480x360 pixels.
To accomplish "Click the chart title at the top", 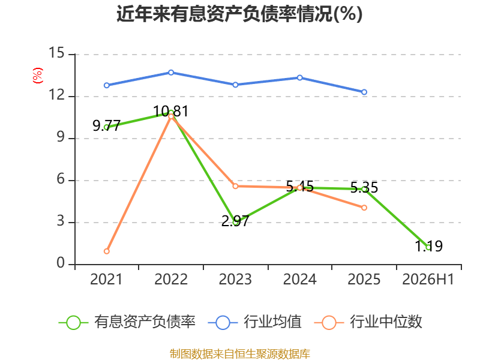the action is pos(239,14).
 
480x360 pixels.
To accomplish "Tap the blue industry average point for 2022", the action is pos(171,73).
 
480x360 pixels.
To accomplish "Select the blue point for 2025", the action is pos(364,92).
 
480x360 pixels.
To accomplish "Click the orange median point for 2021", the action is pos(107,251).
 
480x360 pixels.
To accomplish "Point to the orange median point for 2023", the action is pos(235,186).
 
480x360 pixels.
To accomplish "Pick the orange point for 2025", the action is pos(364,208).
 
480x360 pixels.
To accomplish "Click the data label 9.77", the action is pos(107,126).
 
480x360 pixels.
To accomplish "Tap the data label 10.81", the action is pos(171,111).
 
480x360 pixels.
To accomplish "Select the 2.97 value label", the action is pos(235,221).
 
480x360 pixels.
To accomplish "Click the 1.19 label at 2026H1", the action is pos(428,246).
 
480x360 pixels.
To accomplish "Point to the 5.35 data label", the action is pos(364,187).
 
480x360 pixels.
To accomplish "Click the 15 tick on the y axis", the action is pos(56,53).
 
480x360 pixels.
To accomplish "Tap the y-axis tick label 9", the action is pos(61,137).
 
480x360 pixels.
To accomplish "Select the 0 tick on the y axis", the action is pos(61,263).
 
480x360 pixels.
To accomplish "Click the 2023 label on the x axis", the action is pos(235,280).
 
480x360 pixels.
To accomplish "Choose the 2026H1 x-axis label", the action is pos(428,280).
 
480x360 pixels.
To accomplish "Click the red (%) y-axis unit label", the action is pos(38,76).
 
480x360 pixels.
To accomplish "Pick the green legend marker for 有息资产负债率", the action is pos(73,323).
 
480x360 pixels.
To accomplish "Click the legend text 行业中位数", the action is pos(386,322).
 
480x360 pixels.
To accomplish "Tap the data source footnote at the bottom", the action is pos(239,354).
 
